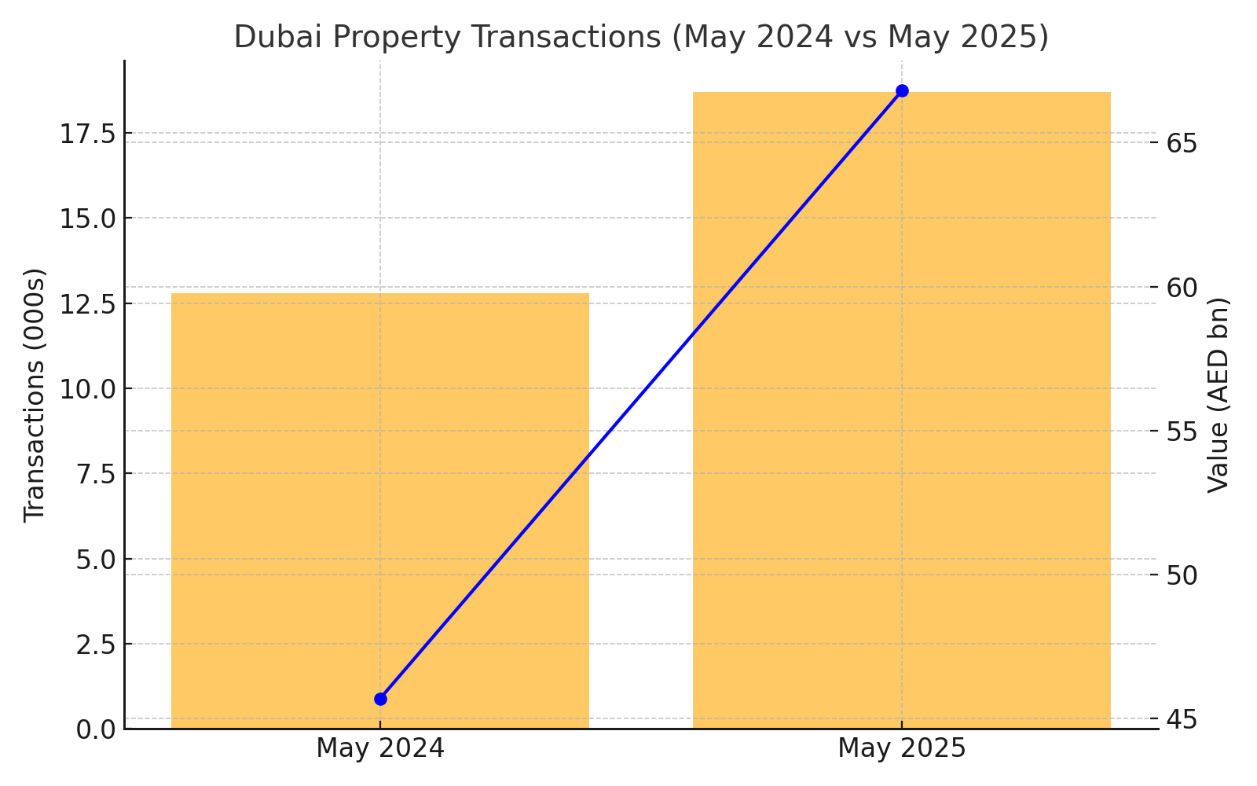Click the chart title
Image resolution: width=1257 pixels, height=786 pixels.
pyautogui.click(x=641, y=38)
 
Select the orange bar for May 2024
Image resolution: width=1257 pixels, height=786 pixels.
pyautogui.click(x=380, y=511)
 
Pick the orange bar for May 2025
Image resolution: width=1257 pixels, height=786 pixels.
pyautogui.click(x=901, y=409)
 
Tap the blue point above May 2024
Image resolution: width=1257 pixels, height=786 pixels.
pyautogui.click(x=380, y=699)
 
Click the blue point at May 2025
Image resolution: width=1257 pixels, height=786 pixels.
pyautogui.click(x=902, y=90)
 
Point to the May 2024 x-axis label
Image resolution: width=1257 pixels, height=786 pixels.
pyautogui.click(x=380, y=748)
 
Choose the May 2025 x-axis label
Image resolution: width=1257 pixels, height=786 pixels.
pyautogui.click(x=901, y=748)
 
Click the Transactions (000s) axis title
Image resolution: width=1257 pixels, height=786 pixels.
pyautogui.click(x=35, y=395)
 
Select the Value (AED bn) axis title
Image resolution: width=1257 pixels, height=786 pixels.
pyautogui.click(x=1218, y=395)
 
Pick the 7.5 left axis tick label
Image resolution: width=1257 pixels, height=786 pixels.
pyautogui.click(x=94, y=474)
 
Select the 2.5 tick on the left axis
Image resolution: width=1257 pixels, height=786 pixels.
pyautogui.click(x=94, y=645)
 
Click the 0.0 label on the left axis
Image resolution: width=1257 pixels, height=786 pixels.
pyautogui.click(x=94, y=729)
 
